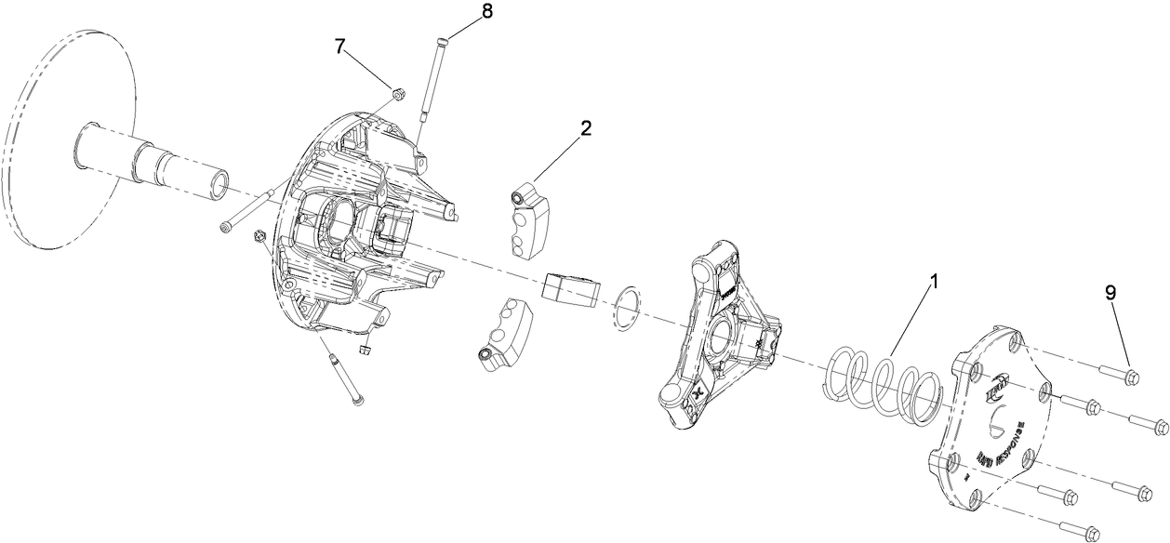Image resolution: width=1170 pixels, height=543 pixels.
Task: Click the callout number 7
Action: (340, 47)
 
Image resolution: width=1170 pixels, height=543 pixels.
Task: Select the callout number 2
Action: (586, 128)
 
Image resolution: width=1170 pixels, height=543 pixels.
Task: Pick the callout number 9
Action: (1110, 292)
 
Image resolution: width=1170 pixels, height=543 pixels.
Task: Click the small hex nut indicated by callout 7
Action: (396, 92)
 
